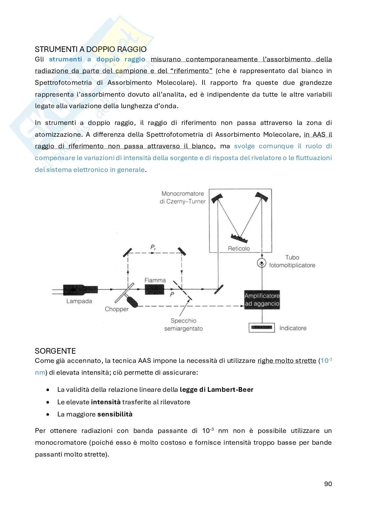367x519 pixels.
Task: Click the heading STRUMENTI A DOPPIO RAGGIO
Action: click(x=90, y=49)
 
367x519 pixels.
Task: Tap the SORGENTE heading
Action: click(x=55, y=351)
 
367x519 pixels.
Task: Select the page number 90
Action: click(x=328, y=484)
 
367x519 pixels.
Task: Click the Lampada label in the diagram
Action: click(x=79, y=301)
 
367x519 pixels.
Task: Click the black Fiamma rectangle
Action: click(x=155, y=290)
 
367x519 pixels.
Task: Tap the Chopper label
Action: click(x=116, y=309)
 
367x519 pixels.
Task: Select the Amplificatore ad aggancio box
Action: click(x=262, y=299)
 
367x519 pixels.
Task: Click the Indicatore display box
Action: click(x=262, y=328)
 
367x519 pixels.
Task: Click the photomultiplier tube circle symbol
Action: click(x=262, y=263)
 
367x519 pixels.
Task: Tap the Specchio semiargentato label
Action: click(x=183, y=324)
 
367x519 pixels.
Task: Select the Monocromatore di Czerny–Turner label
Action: click(x=183, y=197)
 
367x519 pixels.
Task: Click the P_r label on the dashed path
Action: click(x=153, y=248)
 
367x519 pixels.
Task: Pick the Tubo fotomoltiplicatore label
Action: click(x=292, y=261)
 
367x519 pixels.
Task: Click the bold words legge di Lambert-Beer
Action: click(x=216, y=389)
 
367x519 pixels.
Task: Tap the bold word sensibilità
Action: click(x=115, y=414)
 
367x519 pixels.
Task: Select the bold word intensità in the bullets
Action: click(x=106, y=402)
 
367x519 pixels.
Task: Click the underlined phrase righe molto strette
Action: click(x=286, y=361)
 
